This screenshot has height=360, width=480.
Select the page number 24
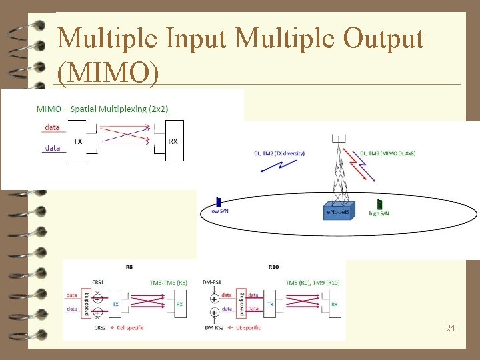tap(450, 328)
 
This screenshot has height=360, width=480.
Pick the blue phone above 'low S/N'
tap(218, 201)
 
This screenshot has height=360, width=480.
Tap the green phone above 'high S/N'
tap(379, 203)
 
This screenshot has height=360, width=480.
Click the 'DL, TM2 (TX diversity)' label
tap(279, 153)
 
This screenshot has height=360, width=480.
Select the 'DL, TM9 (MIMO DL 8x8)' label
tap(387, 153)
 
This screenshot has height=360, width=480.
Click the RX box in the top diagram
tap(173, 141)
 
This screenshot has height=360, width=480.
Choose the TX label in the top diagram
tap(78, 141)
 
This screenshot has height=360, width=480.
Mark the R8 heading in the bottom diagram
tap(129, 267)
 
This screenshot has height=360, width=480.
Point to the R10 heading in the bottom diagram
tap(274, 267)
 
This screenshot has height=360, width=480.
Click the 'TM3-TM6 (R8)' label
tap(169, 283)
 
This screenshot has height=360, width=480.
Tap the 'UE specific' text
tap(251, 328)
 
